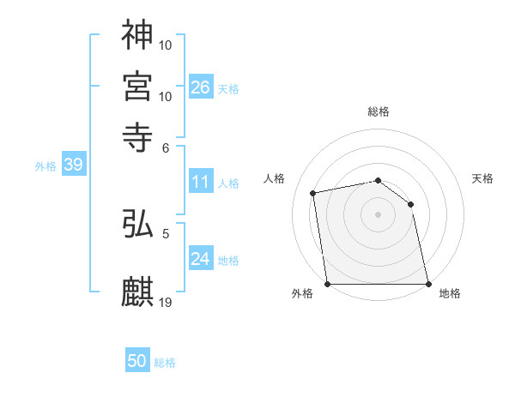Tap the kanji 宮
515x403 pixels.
[137, 86]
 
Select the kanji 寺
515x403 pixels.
[137, 135]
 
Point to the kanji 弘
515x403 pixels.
[137, 224]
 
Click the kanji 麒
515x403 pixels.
[137, 292]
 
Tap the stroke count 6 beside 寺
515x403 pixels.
[167, 147]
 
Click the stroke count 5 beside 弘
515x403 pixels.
[167, 232]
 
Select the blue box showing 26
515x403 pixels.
[201, 87]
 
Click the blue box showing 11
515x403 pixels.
[201, 182]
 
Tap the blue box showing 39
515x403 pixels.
[73, 165]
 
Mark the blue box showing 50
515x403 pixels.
[137, 361]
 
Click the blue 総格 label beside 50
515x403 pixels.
[165, 363]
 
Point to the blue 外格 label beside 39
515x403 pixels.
[45, 166]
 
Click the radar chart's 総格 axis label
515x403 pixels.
[378, 111]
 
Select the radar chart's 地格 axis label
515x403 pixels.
[450, 294]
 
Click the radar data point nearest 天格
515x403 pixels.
[410, 204]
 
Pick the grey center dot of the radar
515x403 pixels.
[378, 214]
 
